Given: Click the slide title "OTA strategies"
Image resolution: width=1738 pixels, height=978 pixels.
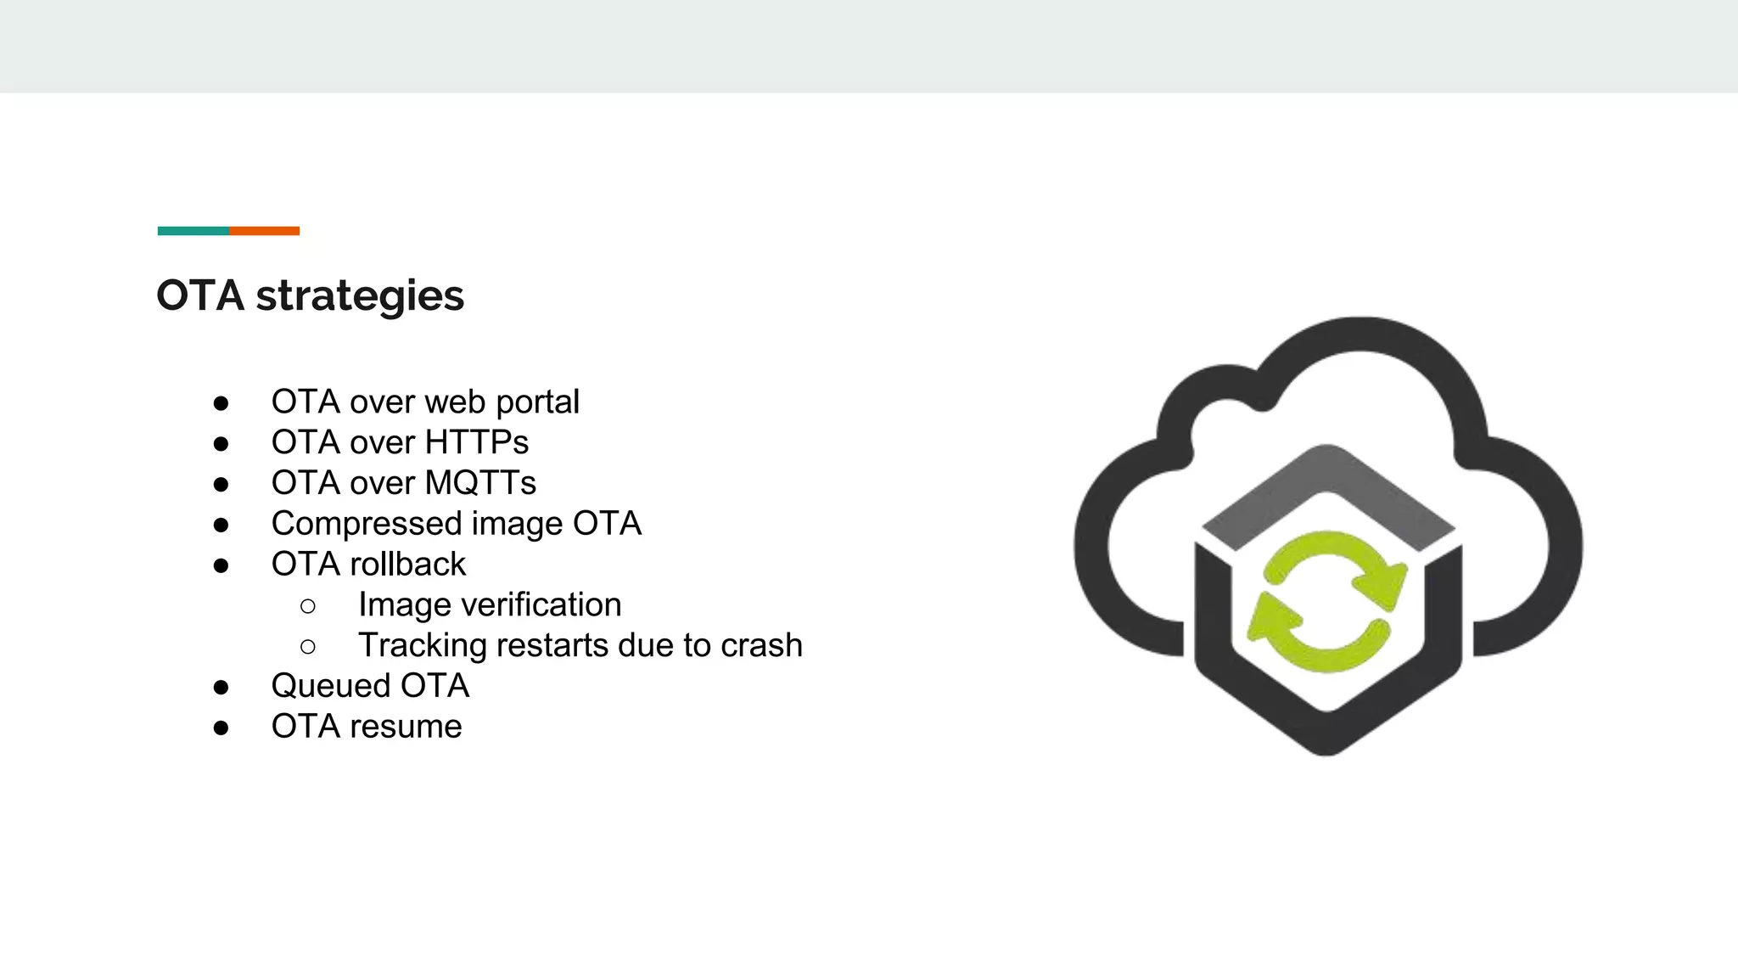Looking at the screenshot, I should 310,296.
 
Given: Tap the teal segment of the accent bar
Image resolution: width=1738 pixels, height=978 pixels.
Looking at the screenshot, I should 193,231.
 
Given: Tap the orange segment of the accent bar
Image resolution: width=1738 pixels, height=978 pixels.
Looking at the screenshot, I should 264,231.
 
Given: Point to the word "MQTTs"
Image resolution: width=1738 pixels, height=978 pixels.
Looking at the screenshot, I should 480,483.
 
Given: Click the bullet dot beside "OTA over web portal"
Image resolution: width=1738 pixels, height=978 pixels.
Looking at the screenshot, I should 221,403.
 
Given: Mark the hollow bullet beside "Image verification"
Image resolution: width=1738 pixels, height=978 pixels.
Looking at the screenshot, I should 308,606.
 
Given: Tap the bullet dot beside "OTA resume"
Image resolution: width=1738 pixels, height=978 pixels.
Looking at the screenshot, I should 221,728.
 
